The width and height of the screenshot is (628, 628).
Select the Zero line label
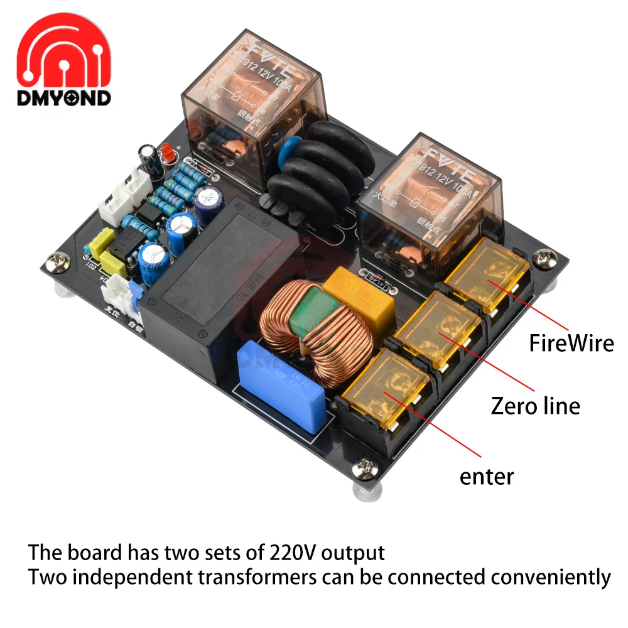pos(535,406)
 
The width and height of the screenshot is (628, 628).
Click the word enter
pos(486,476)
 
